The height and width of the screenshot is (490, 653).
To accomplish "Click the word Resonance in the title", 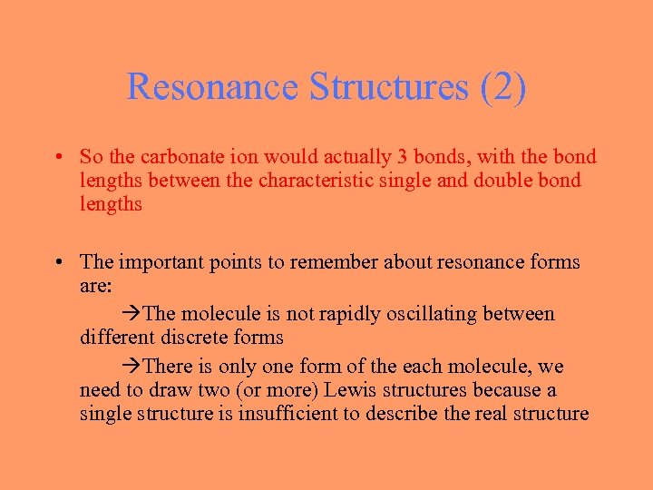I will click(x=213, y=87).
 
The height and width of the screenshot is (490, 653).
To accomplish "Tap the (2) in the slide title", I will click(x=503, y=87).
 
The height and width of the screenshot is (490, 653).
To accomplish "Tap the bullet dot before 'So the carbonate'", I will click(x=57, y=158).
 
